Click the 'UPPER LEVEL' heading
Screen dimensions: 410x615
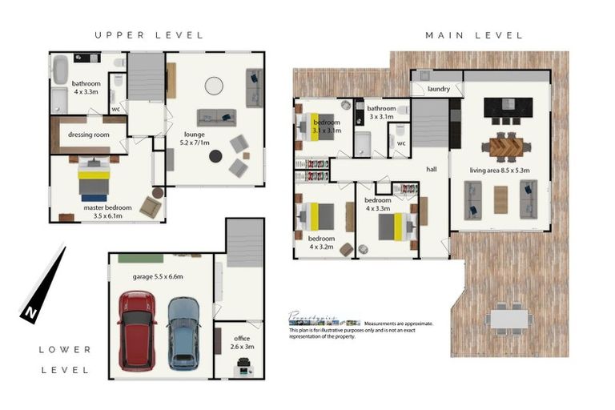pos(149,35)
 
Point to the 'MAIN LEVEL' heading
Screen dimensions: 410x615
pos(474,35)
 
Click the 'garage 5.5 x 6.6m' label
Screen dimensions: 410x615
pos(158,275)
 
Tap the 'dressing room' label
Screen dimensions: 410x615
pos(89,135)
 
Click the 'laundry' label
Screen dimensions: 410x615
pos(439,89)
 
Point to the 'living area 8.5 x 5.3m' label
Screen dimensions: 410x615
pos(504,170)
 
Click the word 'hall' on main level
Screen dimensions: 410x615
pos(431,169)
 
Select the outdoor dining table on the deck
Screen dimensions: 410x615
pos(508,319)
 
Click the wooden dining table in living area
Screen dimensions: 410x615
pos(506,146)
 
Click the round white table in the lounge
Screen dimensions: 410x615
pos(215,85)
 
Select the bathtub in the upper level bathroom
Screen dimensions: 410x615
pos(61,72)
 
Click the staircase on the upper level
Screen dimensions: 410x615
pos(146,76)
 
